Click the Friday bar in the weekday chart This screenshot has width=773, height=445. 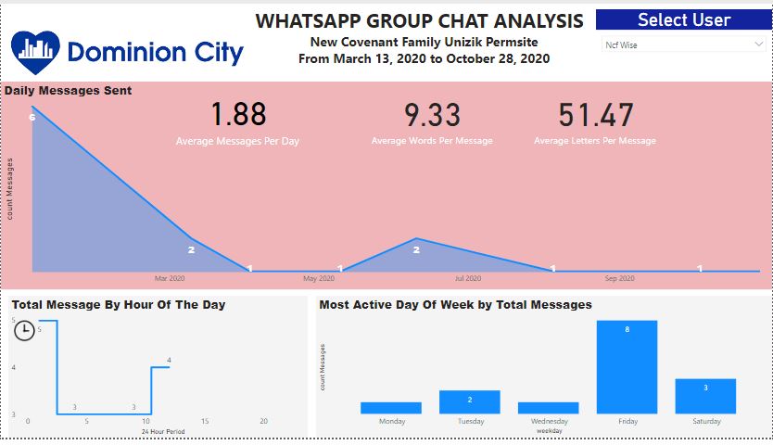coord(627,367)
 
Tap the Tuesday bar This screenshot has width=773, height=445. coord(469,401)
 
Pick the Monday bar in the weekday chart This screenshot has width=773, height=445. coord(391,408)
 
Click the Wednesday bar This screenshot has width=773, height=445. coord(548,408)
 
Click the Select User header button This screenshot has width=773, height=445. coord(683,19)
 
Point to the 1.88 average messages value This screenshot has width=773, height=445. coord(237,115)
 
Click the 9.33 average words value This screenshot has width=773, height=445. coord(432,115)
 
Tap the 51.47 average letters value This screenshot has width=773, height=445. coord(595,115)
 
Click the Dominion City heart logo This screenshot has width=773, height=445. coord(35,52)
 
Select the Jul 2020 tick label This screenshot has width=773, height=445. coord(468,278)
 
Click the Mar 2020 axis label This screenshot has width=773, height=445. coord(170,278)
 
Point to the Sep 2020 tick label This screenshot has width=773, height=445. coord(619,278)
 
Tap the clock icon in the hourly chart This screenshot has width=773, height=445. coord(25,330)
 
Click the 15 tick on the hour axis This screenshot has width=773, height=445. coord(205,422)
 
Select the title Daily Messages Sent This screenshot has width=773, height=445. coord(68,91)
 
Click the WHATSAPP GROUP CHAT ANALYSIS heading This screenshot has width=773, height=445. coord(420,20)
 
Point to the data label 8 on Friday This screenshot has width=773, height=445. coord(627,329)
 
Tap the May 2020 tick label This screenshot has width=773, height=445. coord(319,278)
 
